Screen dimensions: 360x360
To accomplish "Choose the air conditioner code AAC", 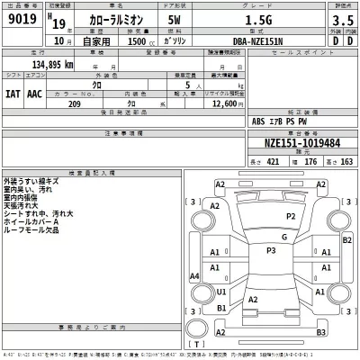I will click(35, 93).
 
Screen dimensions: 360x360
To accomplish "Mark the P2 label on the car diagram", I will click(291, 217).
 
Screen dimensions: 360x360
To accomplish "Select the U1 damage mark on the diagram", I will click(221, 292).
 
